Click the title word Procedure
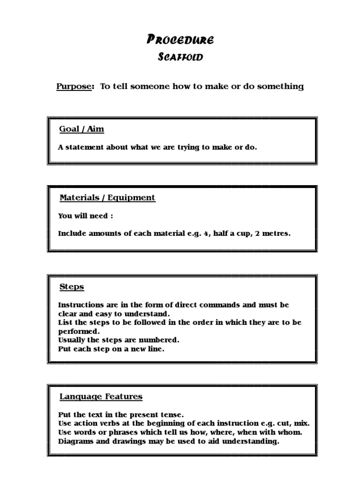(x=180, y=40)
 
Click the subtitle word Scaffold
(x=180, y=58)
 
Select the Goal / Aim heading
(x=82, y=129)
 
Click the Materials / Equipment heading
(x=107, y=197)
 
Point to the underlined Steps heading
(x=72, y=286)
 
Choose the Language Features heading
(x=101, y=397)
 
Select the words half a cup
(x=231, y=233)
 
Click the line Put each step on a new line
(x=111, y=349)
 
